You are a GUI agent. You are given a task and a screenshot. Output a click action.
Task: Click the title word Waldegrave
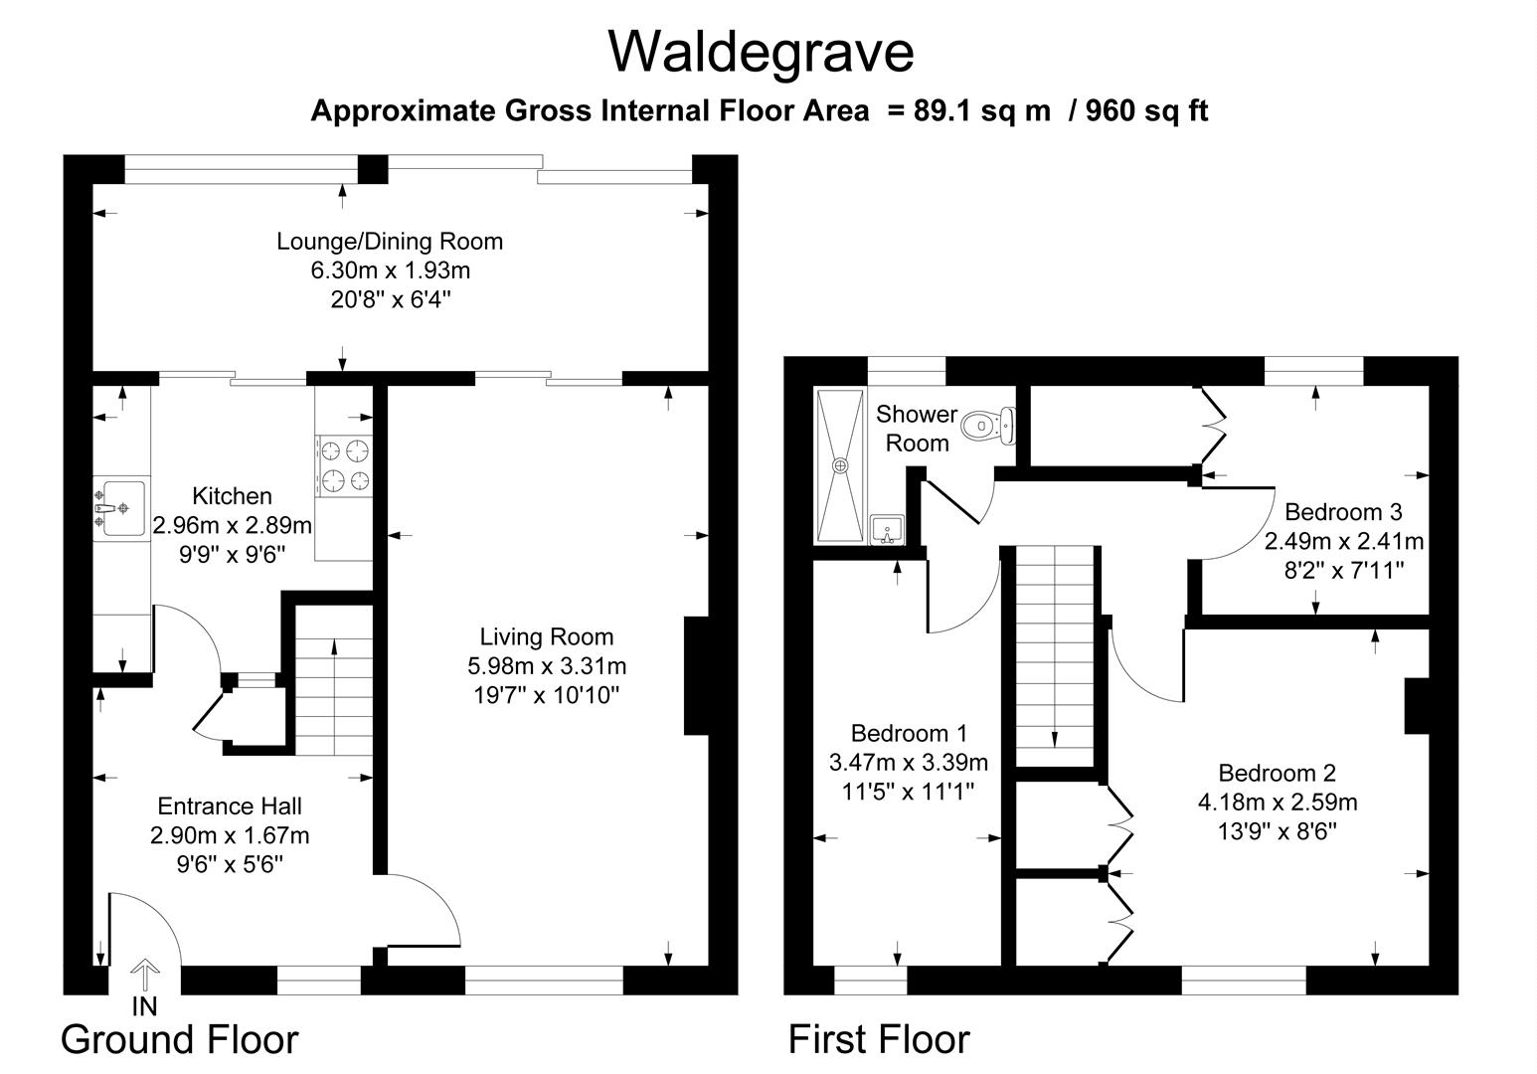761,52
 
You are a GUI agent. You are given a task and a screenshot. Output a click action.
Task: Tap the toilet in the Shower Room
990,425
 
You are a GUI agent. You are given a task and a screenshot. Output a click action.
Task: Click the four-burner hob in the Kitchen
344,465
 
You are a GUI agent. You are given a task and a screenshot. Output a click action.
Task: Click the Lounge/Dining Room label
390,241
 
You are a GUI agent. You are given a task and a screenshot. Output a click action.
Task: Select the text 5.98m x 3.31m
547,665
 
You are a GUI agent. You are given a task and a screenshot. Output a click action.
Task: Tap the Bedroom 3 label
1343,512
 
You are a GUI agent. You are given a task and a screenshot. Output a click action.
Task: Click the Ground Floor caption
179,1039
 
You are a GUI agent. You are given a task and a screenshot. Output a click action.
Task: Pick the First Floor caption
879,1039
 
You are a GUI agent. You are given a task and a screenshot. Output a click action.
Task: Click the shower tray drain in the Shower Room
841,464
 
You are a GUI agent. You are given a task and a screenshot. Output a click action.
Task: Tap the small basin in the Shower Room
886,529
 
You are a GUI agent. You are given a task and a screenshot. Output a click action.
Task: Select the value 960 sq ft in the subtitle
1146,110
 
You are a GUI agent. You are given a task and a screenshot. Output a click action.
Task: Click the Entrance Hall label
230,806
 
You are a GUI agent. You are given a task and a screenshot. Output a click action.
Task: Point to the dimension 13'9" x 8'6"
1277,830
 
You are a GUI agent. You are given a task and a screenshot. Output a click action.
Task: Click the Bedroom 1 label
909,734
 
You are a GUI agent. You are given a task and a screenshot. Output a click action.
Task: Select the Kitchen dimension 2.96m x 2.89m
233,524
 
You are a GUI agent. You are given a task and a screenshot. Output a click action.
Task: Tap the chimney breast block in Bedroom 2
1417,706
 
